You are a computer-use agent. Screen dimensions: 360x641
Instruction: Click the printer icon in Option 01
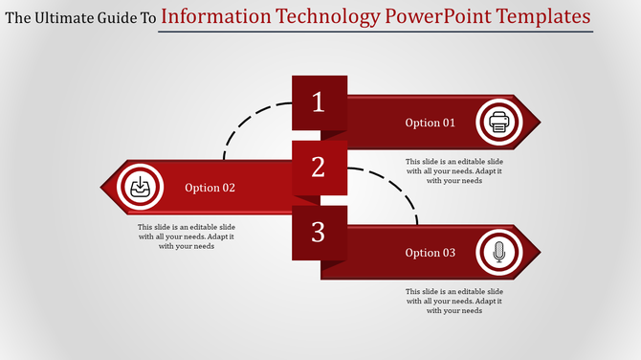tap(498, 122)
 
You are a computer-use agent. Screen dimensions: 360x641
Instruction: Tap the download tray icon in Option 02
tap(140, 187)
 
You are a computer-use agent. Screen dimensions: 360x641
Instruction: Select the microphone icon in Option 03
tap(498, 253)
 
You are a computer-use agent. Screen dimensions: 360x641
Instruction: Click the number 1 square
tap(319, 102)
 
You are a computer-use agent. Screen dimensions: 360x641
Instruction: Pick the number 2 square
tap(319, 168)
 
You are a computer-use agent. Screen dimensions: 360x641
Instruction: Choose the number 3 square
tap(319, 232)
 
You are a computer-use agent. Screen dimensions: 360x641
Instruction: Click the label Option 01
tap(431, 123)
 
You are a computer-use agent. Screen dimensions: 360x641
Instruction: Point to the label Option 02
tap(210, 188)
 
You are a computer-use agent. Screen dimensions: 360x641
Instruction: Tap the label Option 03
tap(431, 253)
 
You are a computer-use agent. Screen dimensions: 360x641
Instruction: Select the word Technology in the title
tap(325, 16)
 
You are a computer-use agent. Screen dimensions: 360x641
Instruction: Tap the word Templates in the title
tap(546, 16)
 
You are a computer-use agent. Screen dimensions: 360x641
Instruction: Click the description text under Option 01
tap(454, 170)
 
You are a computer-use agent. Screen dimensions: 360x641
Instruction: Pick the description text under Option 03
tap(454, 301)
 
